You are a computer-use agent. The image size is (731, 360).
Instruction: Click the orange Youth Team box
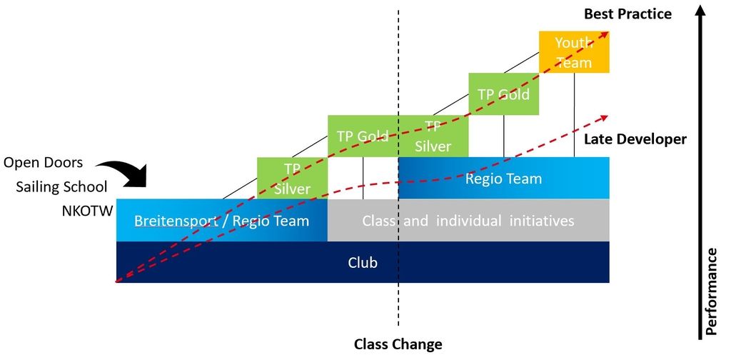pyautogui.click(x=574, y=51)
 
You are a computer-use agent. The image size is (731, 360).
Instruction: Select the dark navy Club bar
pyautogui.click(x=363, y=262)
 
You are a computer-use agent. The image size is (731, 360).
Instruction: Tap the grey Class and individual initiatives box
pyautogui.click(x=468, y=221)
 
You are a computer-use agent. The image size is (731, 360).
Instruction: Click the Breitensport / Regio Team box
pyautogui.click(x=221, y=221)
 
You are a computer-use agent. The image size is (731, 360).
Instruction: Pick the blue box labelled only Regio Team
pyautogui.click(x=503, y=179)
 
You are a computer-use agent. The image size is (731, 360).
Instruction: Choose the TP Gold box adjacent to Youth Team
pyautogui.click(x=503, y=94)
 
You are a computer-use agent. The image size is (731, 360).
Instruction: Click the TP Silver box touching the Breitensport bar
pyautogui.click(x=292, y=178)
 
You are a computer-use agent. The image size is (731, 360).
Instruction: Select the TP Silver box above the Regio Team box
pyautogui.click(x=433, y=136)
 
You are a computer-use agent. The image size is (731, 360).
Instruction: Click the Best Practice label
pyautogui.click(x=627, y=14)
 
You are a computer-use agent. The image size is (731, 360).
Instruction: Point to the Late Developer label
pyautogui.click(x=635, y=139)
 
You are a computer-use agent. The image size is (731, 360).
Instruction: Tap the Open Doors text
pyautogui.click(x=43, y=163)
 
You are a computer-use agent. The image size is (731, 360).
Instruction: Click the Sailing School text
pyautogui.click(x=61, y=187)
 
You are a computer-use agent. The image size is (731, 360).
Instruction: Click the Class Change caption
pyautogui.click(x=398, y=344)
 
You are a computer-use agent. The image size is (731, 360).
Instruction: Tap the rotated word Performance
pyautogui.click(x=711, y=291)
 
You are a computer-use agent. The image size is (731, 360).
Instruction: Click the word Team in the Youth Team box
pyautogui.click(x=574, y=62)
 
